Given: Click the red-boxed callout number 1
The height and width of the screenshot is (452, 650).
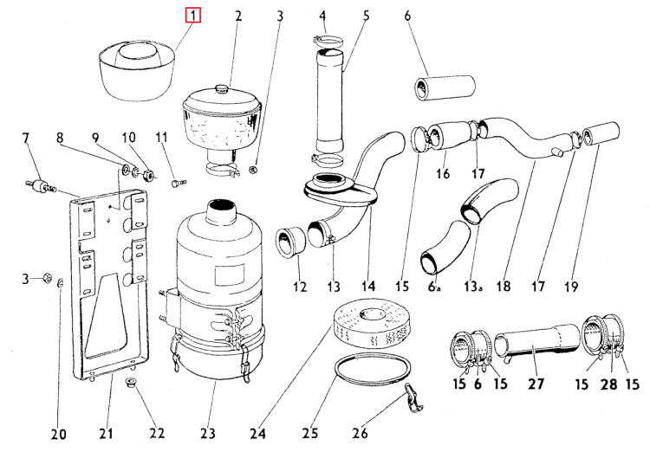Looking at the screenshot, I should (x=193, y=16).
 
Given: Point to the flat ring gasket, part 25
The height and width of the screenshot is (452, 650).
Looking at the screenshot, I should (x=371, y=371).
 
